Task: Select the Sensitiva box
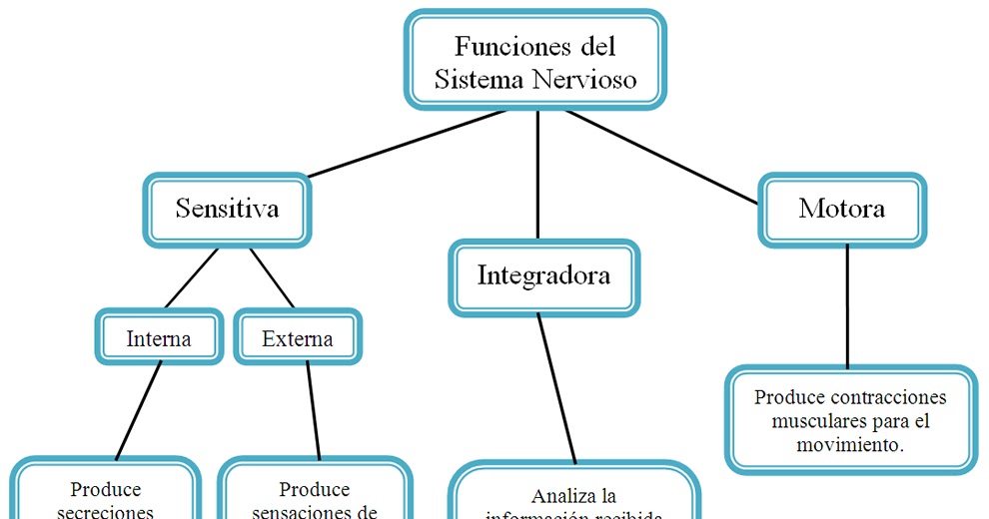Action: coord(227,209)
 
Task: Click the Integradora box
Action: coord(543,275)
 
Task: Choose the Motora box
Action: coord(841,209)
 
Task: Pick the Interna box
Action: coord(159,338)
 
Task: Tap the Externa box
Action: coord(297,338)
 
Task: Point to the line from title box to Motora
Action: coord(664,157)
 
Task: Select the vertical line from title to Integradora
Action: coord(538,175)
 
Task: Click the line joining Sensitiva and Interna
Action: coord(190,278)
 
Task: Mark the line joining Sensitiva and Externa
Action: coord(272,278)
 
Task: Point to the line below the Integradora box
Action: coord(557,389)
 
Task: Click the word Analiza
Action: coord(562,496)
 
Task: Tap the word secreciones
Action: coord(105,512)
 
